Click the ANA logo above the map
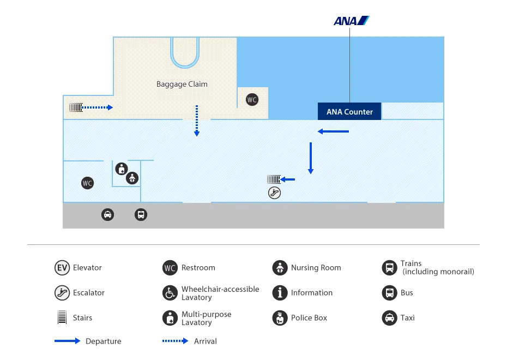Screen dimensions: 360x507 click(x=351, y=21)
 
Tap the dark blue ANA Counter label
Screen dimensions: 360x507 click(x=349, y=112)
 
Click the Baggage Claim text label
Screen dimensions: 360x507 click(x=182, y=84)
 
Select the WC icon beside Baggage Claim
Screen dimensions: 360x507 click(x=252, y=99)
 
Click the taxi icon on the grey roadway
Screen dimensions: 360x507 click(x=108, y=214)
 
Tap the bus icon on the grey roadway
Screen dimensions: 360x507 click(x=141, y=214)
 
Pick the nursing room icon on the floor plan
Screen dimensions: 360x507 click(x=132, y=178)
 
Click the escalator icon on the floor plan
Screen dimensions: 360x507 click(x=274, y=193)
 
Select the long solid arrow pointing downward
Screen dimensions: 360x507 click(x=311, y=158)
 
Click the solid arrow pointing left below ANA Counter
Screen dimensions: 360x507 click(x=333, y=131)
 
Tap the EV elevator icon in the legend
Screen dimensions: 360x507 click(x=62, y=268)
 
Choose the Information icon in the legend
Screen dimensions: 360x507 click(x=280, y=293)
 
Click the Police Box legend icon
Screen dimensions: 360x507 click(x=280, y=318)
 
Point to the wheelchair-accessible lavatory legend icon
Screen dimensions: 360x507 click(x=170, y=293)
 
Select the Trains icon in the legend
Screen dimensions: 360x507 click(x=389, y=268)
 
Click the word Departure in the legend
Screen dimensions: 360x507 click(x=103, y=341)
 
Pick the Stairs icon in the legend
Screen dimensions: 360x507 click(x=62, y=318)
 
